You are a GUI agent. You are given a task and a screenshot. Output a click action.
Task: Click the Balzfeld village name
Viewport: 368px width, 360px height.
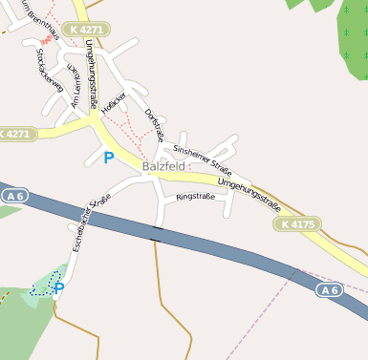point(162,165)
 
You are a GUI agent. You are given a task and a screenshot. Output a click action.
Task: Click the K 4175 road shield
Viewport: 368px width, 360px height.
point(298,224)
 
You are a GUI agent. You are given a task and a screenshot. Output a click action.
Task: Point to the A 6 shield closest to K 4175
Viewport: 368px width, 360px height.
point(329,288)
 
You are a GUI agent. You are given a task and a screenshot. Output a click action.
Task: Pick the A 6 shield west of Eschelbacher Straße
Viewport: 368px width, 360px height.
point(12,195)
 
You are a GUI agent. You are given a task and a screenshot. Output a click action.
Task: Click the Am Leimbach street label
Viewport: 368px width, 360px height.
point(69,86)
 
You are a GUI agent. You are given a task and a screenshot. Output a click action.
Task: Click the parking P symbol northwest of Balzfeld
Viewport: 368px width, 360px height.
point(108,158)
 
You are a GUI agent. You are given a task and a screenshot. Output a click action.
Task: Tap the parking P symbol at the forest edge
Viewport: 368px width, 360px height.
point(59,287)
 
